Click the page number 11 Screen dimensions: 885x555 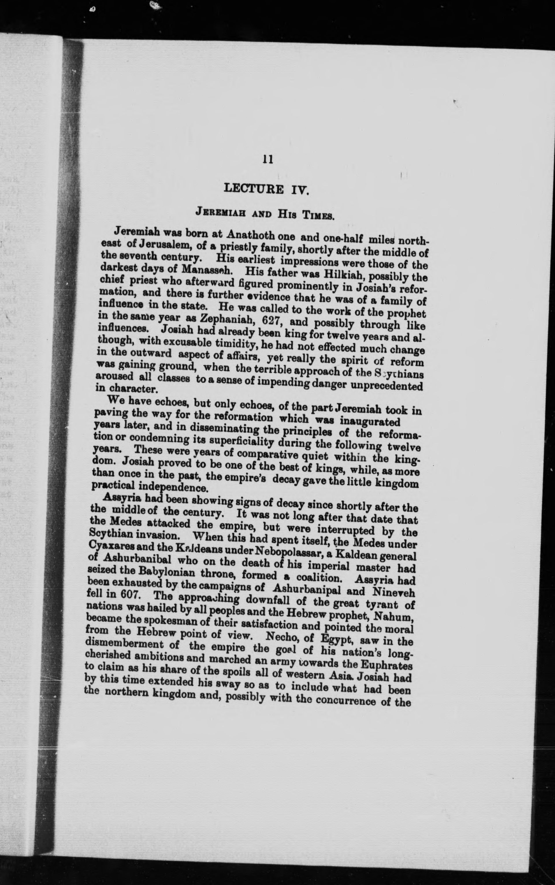pos(268,159)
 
